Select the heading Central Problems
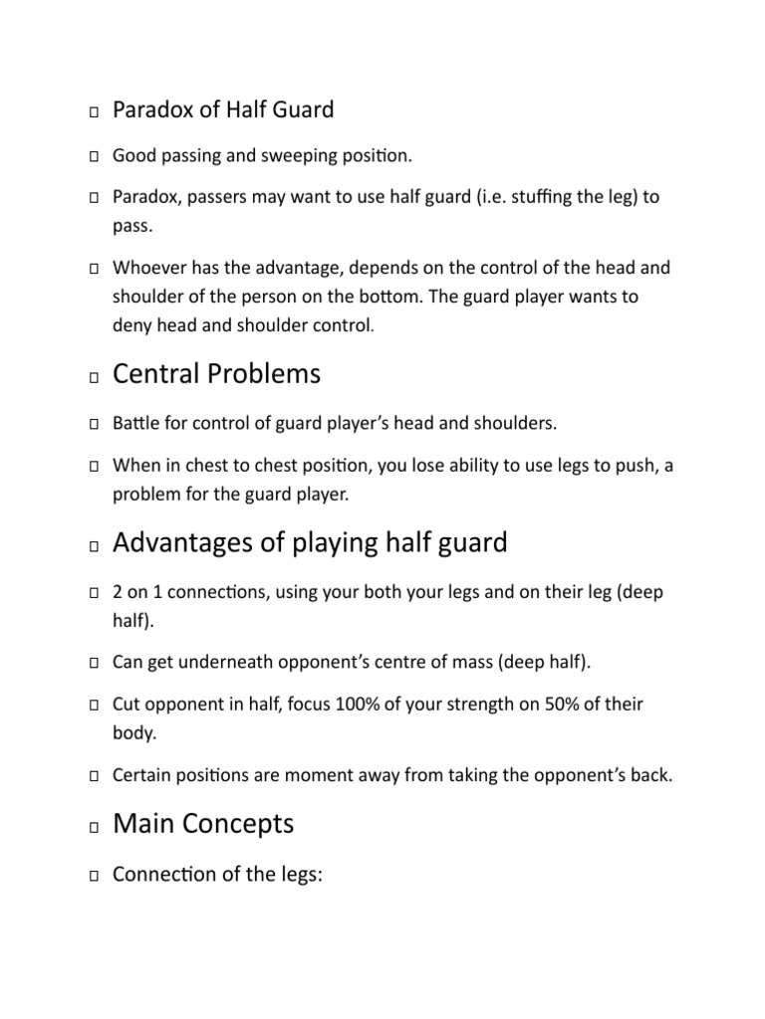click(x=216, y=374)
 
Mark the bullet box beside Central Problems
click(x=93, y=378)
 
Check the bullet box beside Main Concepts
click(x=93, y=827)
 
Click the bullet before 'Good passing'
click(x=93, y=156)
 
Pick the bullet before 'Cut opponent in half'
click(x=93, y=705)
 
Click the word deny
click(x=132, y=324)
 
